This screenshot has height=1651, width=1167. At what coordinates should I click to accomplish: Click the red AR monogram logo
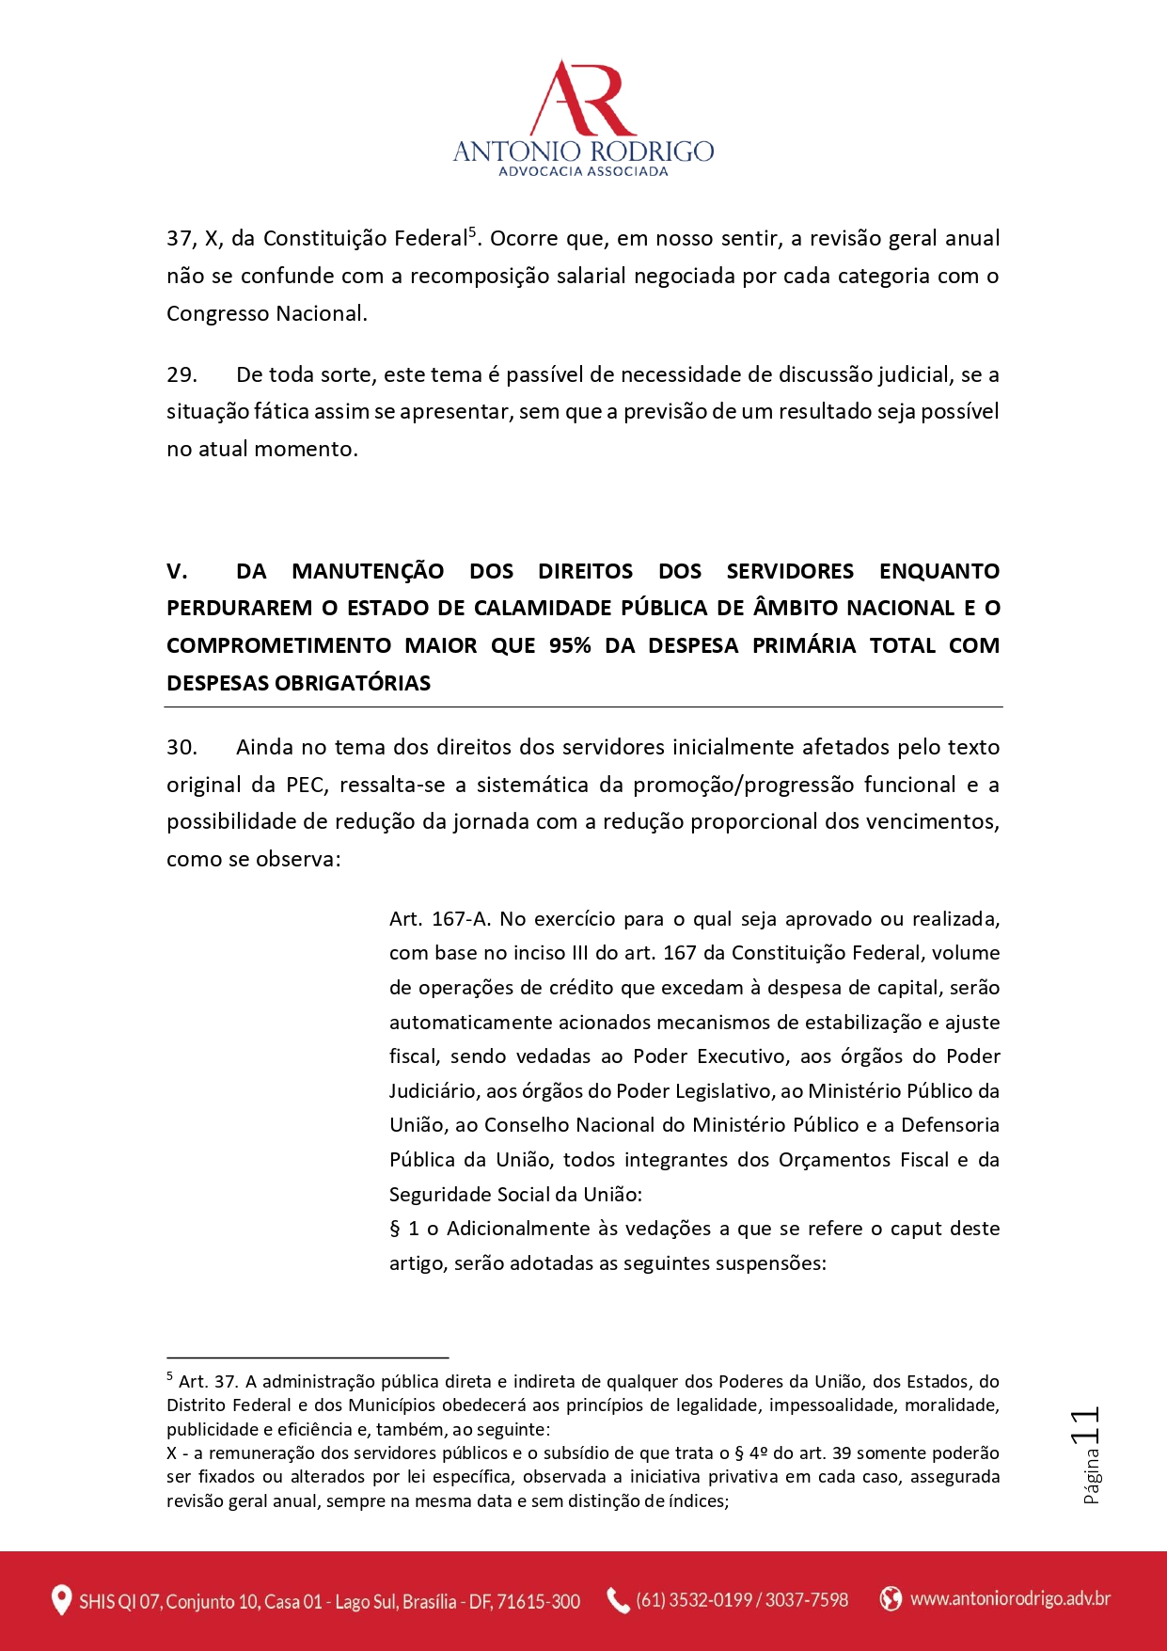583,99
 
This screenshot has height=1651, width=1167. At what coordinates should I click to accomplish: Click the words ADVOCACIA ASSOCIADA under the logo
583,171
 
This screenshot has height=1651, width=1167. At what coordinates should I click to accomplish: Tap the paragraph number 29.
181,374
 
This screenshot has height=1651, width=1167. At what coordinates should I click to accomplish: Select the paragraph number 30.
181,747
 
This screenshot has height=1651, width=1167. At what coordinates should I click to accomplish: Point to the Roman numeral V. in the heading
177,571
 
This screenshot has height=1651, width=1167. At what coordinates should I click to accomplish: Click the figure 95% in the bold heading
570,645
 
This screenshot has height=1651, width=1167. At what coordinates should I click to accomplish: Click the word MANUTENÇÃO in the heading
368,571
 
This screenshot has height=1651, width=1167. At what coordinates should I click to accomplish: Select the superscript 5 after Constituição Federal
472,231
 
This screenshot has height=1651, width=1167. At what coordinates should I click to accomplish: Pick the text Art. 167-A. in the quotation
440,919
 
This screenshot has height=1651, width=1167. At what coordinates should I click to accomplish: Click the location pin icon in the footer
61,1600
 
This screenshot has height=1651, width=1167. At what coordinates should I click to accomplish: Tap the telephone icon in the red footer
618,1600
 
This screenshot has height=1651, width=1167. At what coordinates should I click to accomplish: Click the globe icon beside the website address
890,1598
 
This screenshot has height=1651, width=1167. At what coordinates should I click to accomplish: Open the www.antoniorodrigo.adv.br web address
1010,1598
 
